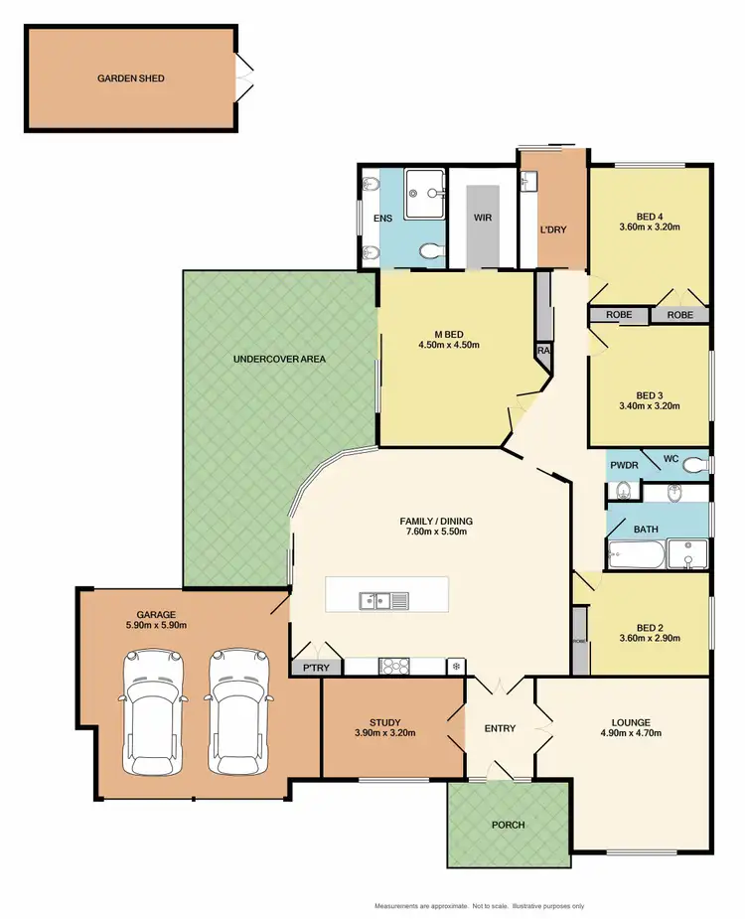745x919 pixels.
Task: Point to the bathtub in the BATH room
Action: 636,553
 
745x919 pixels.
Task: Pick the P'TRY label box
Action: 317,668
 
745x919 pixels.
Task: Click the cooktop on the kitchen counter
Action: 390,666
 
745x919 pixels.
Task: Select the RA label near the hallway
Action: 543,351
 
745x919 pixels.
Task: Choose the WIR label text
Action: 484,218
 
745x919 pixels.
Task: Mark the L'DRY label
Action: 552,230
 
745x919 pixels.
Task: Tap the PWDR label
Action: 623,464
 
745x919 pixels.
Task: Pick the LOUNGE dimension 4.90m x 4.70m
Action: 631,733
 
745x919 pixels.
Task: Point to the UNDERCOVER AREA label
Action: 279,359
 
